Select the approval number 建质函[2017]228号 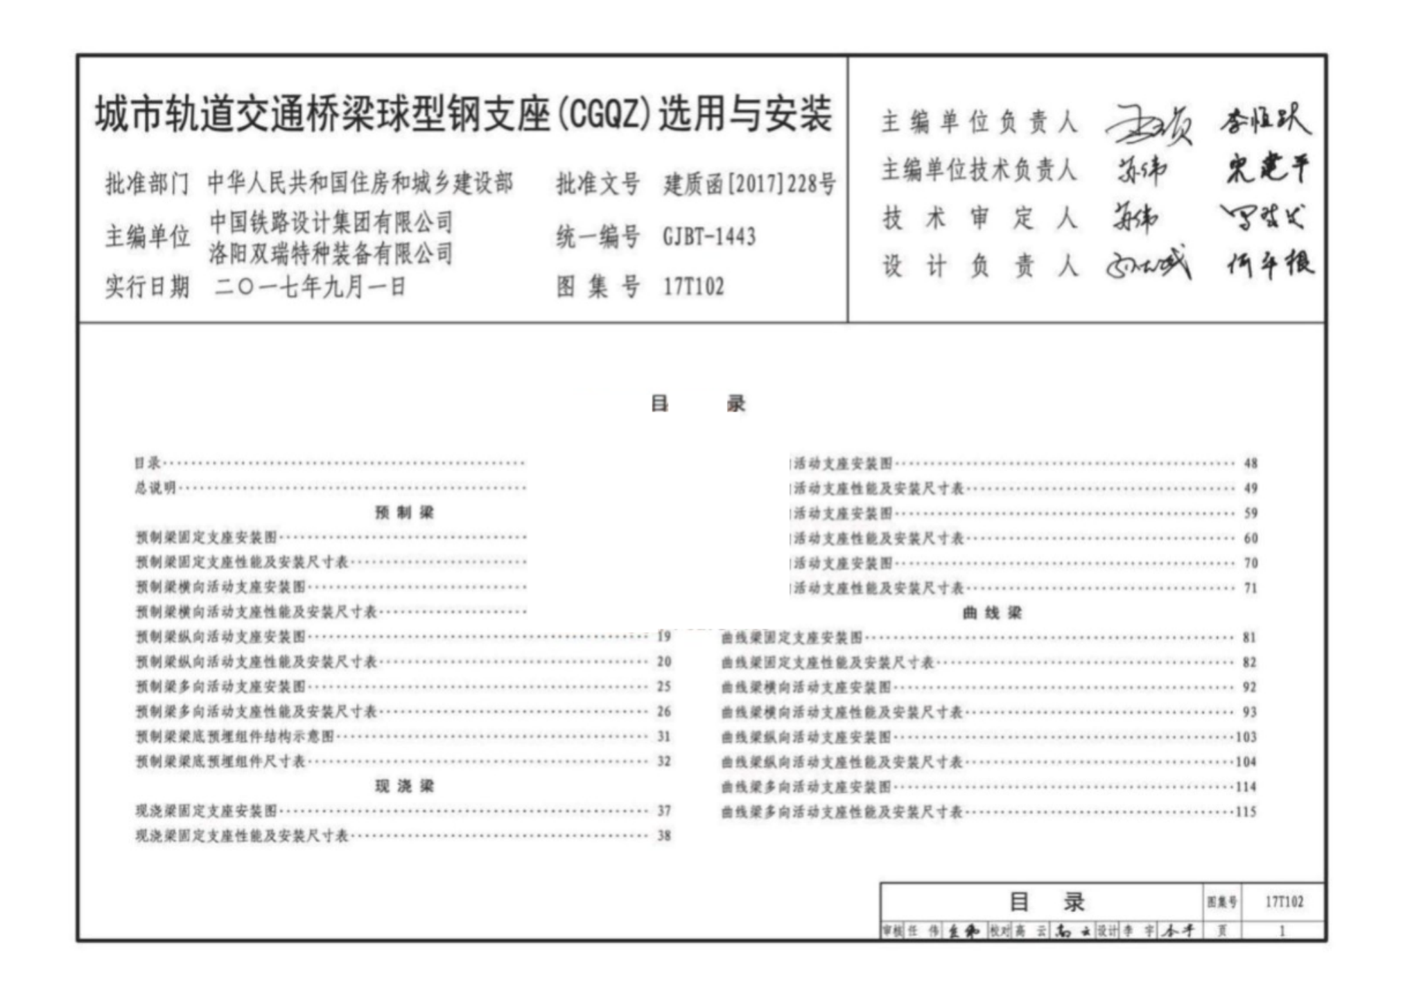pyautogui.click(x=749, y=184)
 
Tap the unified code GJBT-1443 pyautogui.click(x=708, y=237)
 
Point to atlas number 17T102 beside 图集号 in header pyautogui.click(x=693, y=286)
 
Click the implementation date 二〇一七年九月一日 pyautogui.click(x=310, y=286)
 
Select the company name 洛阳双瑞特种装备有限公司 pyautogui.click(x=331, y=254)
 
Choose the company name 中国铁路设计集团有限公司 pyautogui.click(x=331, y=222)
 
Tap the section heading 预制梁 pyautogui.click(x=404, y=512)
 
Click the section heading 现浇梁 pyautogui.click(x=404, y=785)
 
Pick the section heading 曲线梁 pyautogui.click(x=992, y=613)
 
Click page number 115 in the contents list pyautogui.click(x=1246, y=811)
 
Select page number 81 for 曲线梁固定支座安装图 pyautogui.click(x=1249, y=638)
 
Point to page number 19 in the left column pyautogui.click(x=664, y=637)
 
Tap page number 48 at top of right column pyautogui.click(x=1250, y=464)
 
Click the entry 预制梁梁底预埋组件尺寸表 pyautogui.click(x=220, y=762)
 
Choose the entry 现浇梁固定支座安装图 pyautogui.click(x=207, y=811)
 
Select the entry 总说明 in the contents pyautogui.click(x=155, y=488)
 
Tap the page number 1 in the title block pyautogui.click(x=1282, y=931)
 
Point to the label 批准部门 pyautogui.click(x=147, y=184)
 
